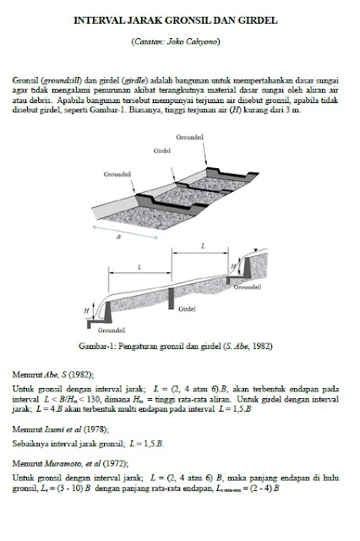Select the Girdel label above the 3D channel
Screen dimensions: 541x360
tap(162, 150)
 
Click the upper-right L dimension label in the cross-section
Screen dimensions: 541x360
tap(203, 246)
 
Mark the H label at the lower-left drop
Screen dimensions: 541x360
tap(99, 311)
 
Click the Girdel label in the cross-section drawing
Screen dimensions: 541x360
tap(188, 309)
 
